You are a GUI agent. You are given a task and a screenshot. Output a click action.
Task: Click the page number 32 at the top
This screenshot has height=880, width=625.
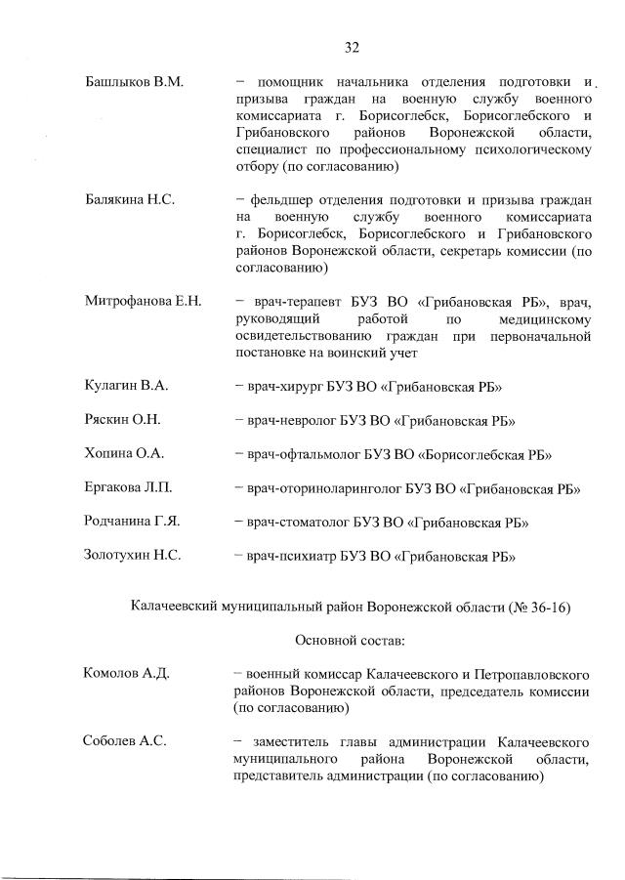(x=353, y=46)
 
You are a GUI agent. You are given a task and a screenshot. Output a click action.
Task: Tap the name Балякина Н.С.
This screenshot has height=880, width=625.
(x=130, y=199)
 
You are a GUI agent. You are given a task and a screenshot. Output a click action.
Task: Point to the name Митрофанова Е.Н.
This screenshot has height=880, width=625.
(x=143, y=302)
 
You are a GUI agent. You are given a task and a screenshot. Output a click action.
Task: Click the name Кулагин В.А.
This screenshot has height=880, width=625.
(x=126, y=387)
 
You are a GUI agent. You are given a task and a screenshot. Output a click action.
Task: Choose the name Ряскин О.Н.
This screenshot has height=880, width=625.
(x=122, y=421)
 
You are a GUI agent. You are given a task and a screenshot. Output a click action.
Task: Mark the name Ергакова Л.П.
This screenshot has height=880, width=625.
(x=129, y=488)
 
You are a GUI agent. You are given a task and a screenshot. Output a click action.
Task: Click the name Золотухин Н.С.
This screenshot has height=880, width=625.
(x=133, y=556)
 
